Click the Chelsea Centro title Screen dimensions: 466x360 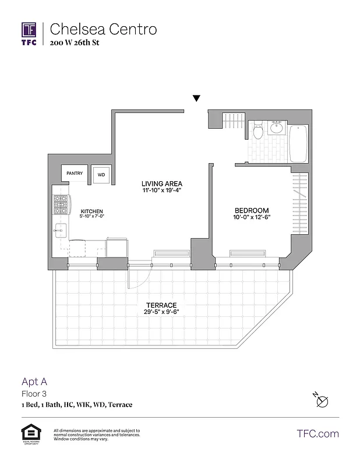pyautogui.click(x=103, y=29)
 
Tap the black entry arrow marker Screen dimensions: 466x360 pyautogui.click(x=197, y=98)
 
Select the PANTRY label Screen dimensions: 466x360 pyautogui.click(x=75, y=173)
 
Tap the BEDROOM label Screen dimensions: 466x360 pyautogui.click(x=252, y=210)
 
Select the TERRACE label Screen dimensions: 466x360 pyautogui.click(x=161, y=305)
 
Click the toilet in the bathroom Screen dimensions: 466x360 pyautogui.click(x=258, y=130)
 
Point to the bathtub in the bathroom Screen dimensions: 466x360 pyautogui.click(x=298, y=144)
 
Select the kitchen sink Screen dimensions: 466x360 pyautogui.click(x=60, y=230)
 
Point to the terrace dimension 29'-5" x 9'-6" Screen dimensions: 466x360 pyautogui.click(x=161, y=312)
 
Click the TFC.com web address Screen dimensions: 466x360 pyautogui.click(x=317, y=434)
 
